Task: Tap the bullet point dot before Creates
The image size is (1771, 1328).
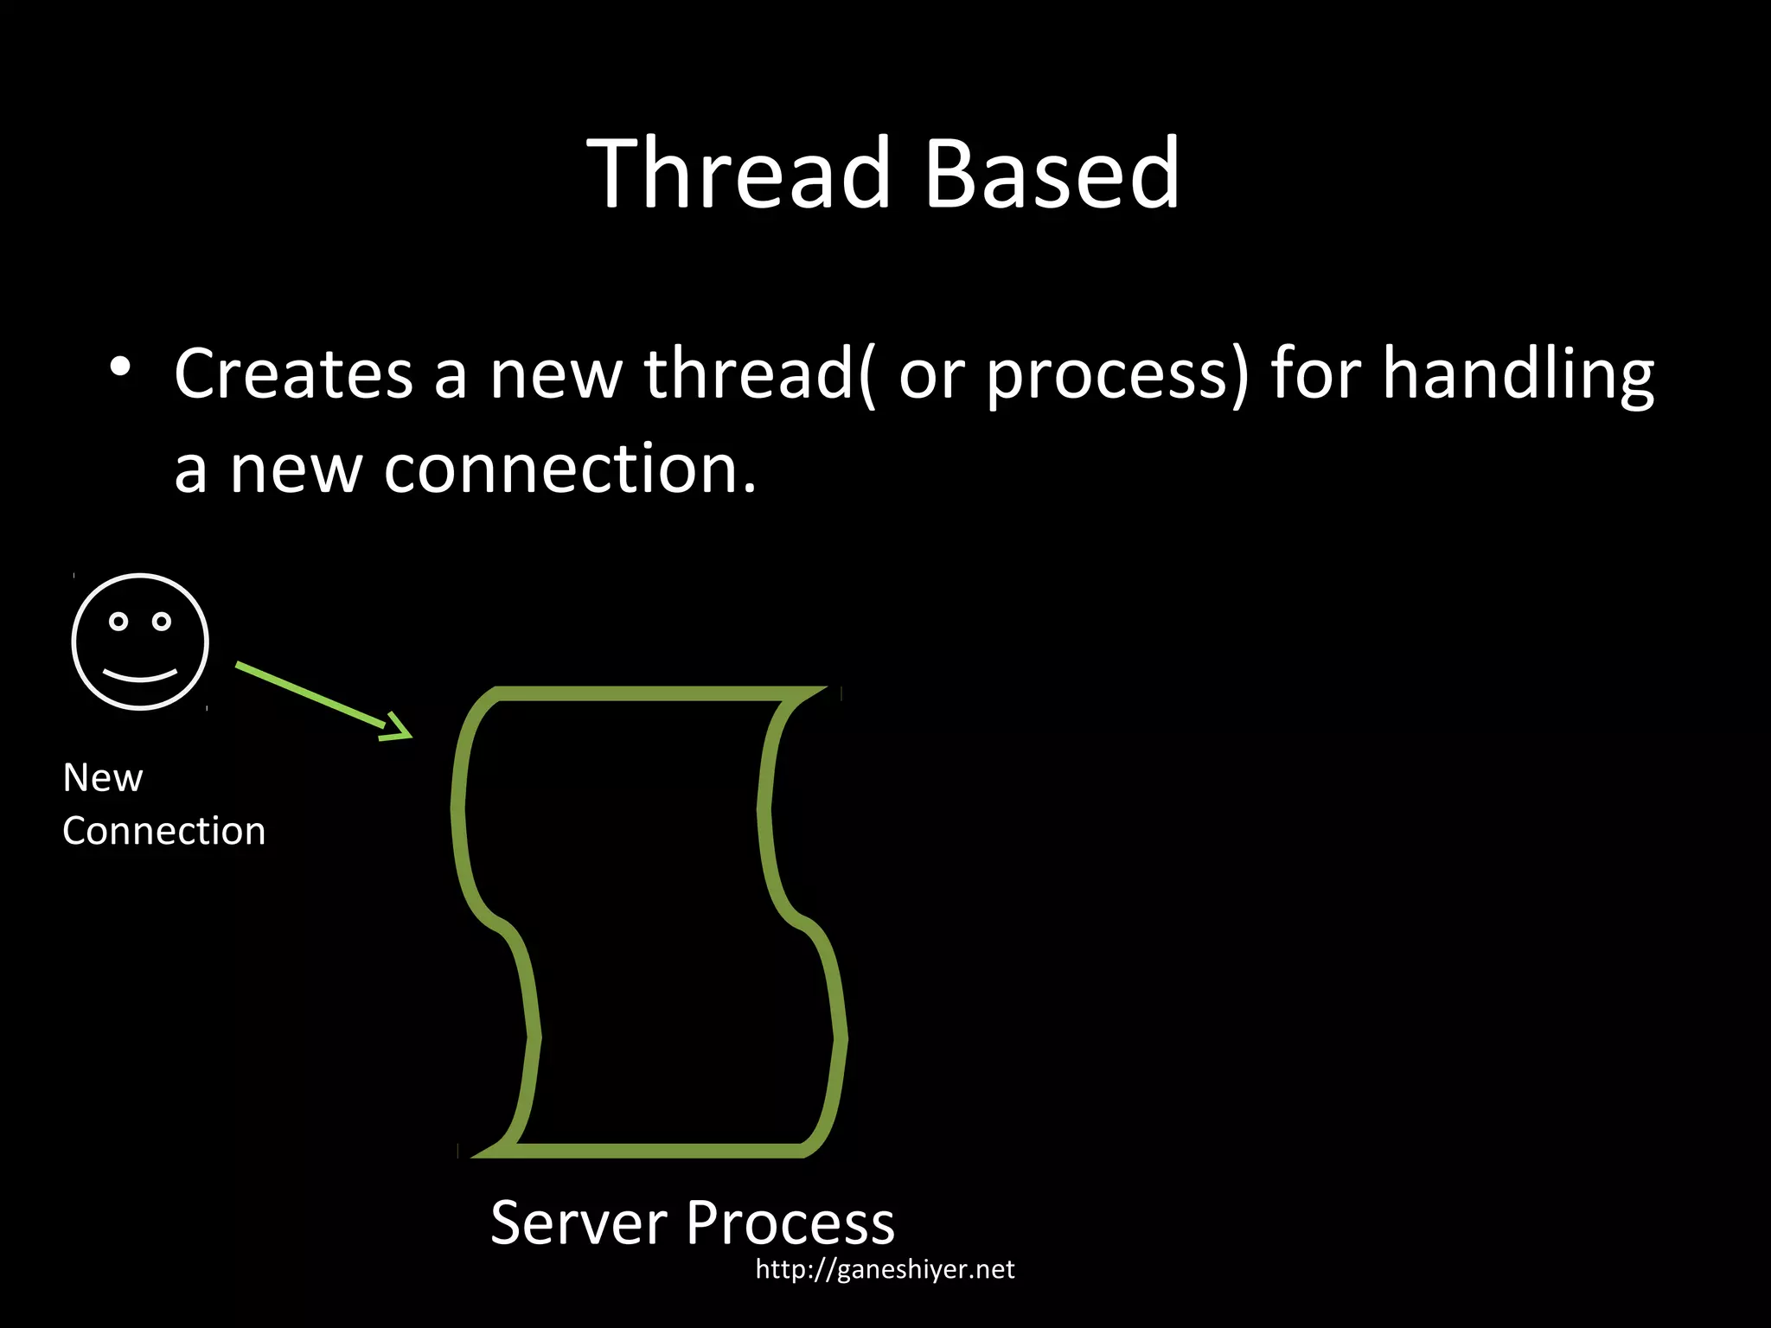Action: [x=120, y=367]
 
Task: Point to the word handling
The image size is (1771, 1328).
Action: [x=1518, y=374]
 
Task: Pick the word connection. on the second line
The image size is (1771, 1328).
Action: [x=570, y=470]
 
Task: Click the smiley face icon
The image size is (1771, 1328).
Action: [x=140, y=642]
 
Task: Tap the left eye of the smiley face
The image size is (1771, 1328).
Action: [x=118, y=621]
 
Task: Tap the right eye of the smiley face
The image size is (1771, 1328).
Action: [x=162, y=621]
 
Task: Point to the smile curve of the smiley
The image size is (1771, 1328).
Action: [x=140, y=674]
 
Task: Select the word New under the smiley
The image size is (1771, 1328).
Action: [x=103, y=778]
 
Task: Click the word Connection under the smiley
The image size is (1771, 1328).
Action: [x=164, y=832]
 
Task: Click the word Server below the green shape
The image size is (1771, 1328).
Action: [x=578, y=1223]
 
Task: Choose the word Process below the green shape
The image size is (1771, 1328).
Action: [x=790, y=1223]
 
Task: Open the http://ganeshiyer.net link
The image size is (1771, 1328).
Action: [x=885, y=1269]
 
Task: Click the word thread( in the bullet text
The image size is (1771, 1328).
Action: [x=759, y=374]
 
